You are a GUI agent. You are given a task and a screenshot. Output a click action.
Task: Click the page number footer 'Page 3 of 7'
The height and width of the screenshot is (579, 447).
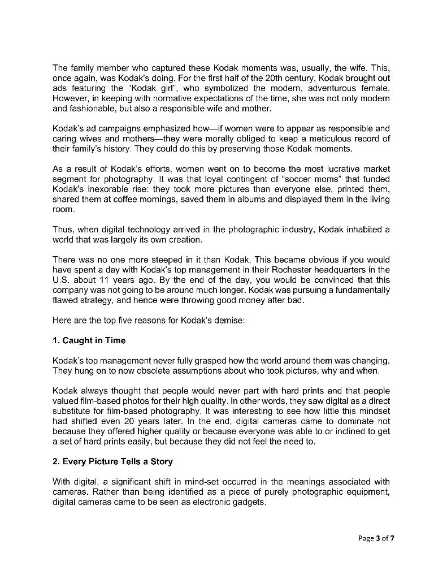coord(376,538)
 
